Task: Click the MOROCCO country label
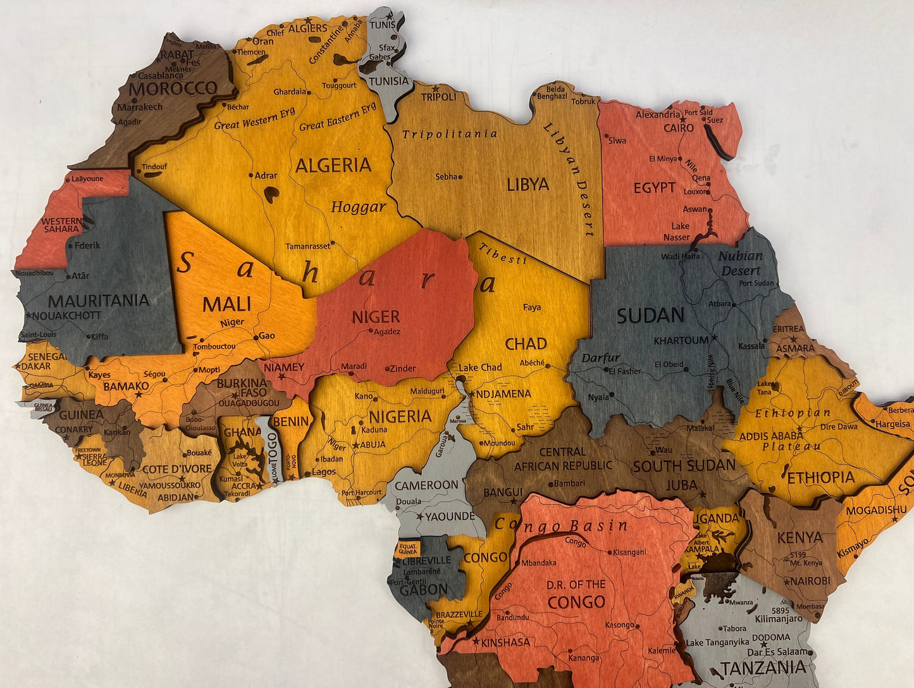(x=173, y=89)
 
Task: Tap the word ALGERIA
(x=333, y=166)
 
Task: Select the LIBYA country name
(x=528, y=185)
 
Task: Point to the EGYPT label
(x=655, y=188)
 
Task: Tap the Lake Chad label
(x=480, y=368)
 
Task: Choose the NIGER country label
(x=376, y=316)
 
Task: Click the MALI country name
(x=226, y=304)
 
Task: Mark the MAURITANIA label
(x=99, y=301)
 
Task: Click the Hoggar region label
(x=358, y=207)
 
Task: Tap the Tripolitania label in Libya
(x=450, y=134)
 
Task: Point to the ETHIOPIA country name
(x=821, y=477)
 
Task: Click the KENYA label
(x=800, y=538)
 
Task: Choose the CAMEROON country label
(x=427, y=485)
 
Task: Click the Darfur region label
(x=601, y=358)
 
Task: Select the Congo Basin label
(x=561, y=526)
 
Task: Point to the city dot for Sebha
(x=460, y=177)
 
